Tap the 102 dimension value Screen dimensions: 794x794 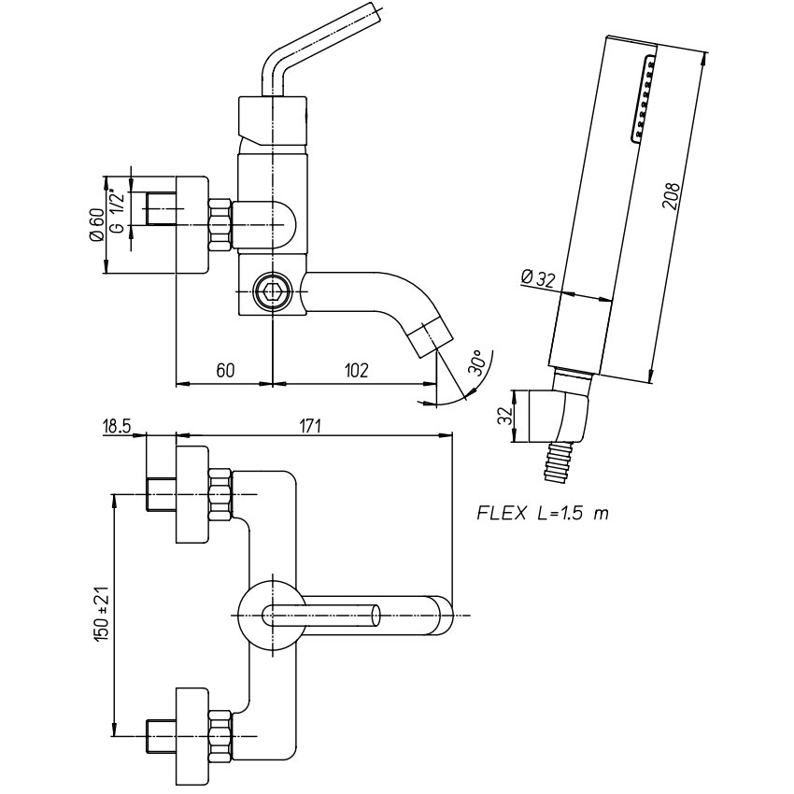[355, 370]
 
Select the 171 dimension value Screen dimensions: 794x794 [310, 426]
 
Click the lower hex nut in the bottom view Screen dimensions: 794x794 [221, 734]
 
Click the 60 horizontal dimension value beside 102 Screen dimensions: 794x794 [224, 370]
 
